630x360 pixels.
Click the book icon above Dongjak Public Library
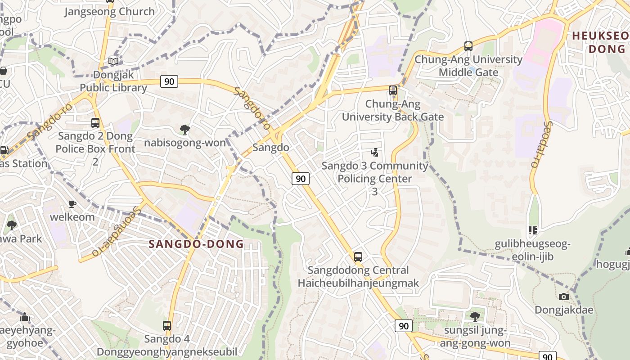coord(114,61)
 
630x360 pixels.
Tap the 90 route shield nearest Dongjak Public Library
coord(169,81)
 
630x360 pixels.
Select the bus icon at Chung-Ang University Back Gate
coord(393,90)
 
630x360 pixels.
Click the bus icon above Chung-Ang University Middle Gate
coord(468,46)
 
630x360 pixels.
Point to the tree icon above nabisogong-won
coord(184,130)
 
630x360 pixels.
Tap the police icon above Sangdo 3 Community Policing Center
coord(374,153)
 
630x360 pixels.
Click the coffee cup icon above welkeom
coord(72,204)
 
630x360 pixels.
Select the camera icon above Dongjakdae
coord(563,297)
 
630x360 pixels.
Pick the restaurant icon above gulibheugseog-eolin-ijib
coord(533,230)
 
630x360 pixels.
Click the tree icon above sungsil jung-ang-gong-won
coord(475,317)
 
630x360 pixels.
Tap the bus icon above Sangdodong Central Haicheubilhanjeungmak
coord(358,257)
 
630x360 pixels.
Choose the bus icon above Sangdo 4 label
coord(167,325)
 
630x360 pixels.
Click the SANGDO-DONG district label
coord(196,244)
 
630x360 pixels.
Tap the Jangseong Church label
coord(109,12)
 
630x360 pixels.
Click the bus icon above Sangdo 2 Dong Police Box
coord(95,123)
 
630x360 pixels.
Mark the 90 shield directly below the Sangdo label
coord(301,179)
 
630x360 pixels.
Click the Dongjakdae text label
coord(563,310)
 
